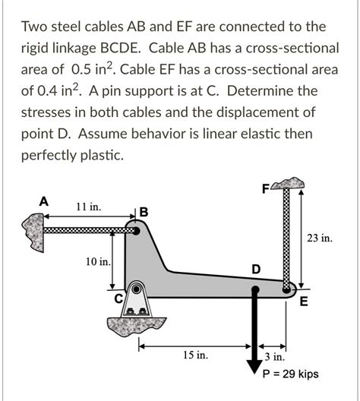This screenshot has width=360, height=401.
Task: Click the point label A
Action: coord(44,201)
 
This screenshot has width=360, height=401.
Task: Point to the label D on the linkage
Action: coord(255,270)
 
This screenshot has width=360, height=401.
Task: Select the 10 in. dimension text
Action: coord(98,263)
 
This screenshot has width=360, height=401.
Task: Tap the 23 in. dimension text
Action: coord(319,238)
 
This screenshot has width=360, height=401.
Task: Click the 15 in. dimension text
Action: coord(195,355)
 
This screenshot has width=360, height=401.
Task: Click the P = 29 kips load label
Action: coord(289,374)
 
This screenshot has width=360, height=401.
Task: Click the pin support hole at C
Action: coord(137,289)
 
